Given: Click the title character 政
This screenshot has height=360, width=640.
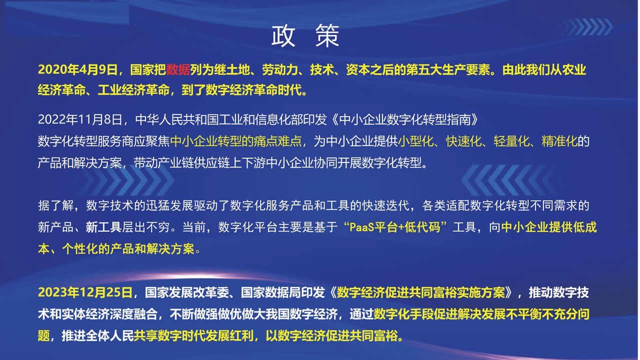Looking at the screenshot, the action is (283, 36).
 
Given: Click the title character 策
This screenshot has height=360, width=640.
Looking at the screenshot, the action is (327, 36).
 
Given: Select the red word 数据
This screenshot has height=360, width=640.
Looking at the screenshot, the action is (178, 69).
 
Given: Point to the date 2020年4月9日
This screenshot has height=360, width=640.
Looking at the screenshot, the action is (77, 69).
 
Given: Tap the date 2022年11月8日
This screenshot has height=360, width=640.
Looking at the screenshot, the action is (80, 119).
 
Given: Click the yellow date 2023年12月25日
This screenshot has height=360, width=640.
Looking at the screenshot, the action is (85, 292).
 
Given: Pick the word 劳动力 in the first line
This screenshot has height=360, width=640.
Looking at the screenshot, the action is (280, 69).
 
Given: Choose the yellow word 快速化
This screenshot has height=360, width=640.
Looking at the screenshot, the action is (463, 141).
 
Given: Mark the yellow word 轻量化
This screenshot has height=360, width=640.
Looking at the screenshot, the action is (511, 141).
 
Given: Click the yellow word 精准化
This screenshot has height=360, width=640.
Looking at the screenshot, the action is (559, 141).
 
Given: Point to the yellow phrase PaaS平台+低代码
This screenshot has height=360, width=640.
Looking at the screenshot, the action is (395, 227).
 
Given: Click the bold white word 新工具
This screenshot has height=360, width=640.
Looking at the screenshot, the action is (104, 227).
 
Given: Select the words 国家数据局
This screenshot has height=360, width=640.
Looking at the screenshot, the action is (271, 292).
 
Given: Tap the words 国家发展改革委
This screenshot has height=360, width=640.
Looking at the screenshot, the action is (187, 292).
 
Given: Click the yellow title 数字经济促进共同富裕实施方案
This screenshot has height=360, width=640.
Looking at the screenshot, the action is (420, 292).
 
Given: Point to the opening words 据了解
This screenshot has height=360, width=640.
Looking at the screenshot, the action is (56, 205).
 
